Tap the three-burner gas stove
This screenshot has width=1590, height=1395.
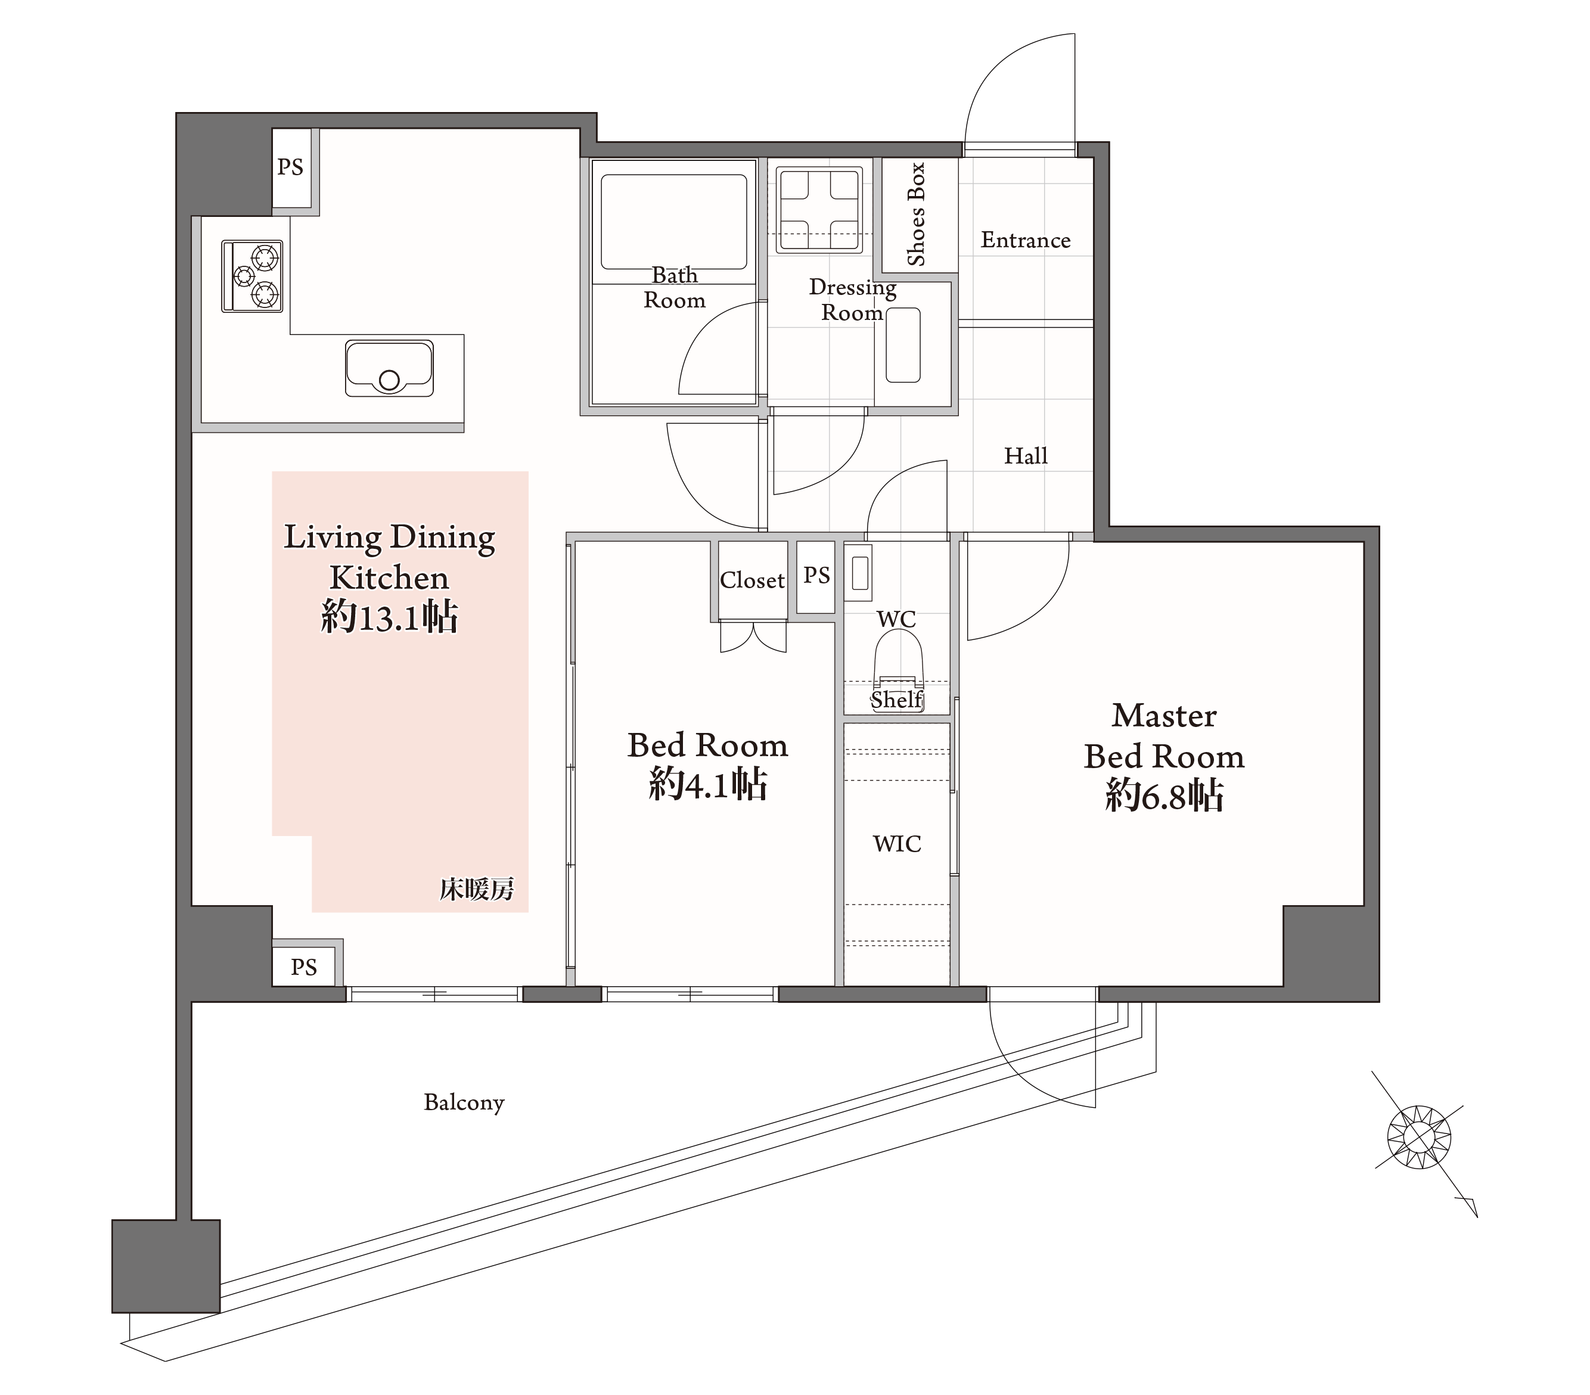pyautogui.click(x=252, y=276)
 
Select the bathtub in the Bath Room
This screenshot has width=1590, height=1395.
pyautogui.click(x=673, y=222)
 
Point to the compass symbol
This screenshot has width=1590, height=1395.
pyautogui.click(x=1419, y=1138)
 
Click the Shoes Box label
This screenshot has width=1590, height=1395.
pyautogui.click(x=917, y=214)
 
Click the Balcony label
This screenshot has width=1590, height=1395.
pyautogui.click(x=464, y=1102)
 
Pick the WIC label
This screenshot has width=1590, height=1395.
pyautogui.click(x=897, y=844)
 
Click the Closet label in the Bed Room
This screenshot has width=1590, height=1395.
pyautogui.click(x=752, y=580)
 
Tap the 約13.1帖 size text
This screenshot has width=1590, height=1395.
pyautogui.click(x=389, y=618)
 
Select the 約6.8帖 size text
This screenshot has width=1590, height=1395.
pyautogui.click(x=1164, y=796)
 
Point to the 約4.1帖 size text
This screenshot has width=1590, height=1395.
pyautogui.click(x=708, y=785)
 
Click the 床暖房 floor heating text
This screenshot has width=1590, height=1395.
pyautogui.click(x=477, y=889)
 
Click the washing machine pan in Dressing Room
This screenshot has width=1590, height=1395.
pyautogui.click(x=819, y=209)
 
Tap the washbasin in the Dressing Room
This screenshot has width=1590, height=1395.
pyautogui.click(x=903, y=344)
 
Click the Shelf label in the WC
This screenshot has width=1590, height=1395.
pyautogui.click(x=897, y=700)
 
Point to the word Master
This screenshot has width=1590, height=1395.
pyautogui.click(x=1164, y=716)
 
